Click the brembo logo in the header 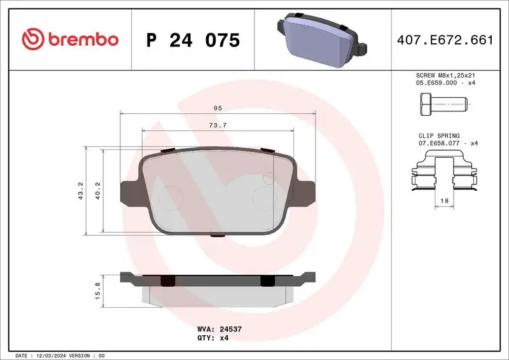[70, 39]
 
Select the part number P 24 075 [193, 40]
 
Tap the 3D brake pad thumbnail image [321, 39]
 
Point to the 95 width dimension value [218, 108]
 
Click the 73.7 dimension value [218, 125]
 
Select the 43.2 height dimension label [80, 191]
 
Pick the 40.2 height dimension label [98, 191]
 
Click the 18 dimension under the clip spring [443, 200]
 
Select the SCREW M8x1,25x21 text [445, 75]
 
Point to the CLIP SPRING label [439, 135]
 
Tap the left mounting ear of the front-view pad [130, 191]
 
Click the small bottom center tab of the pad [218, 235]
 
